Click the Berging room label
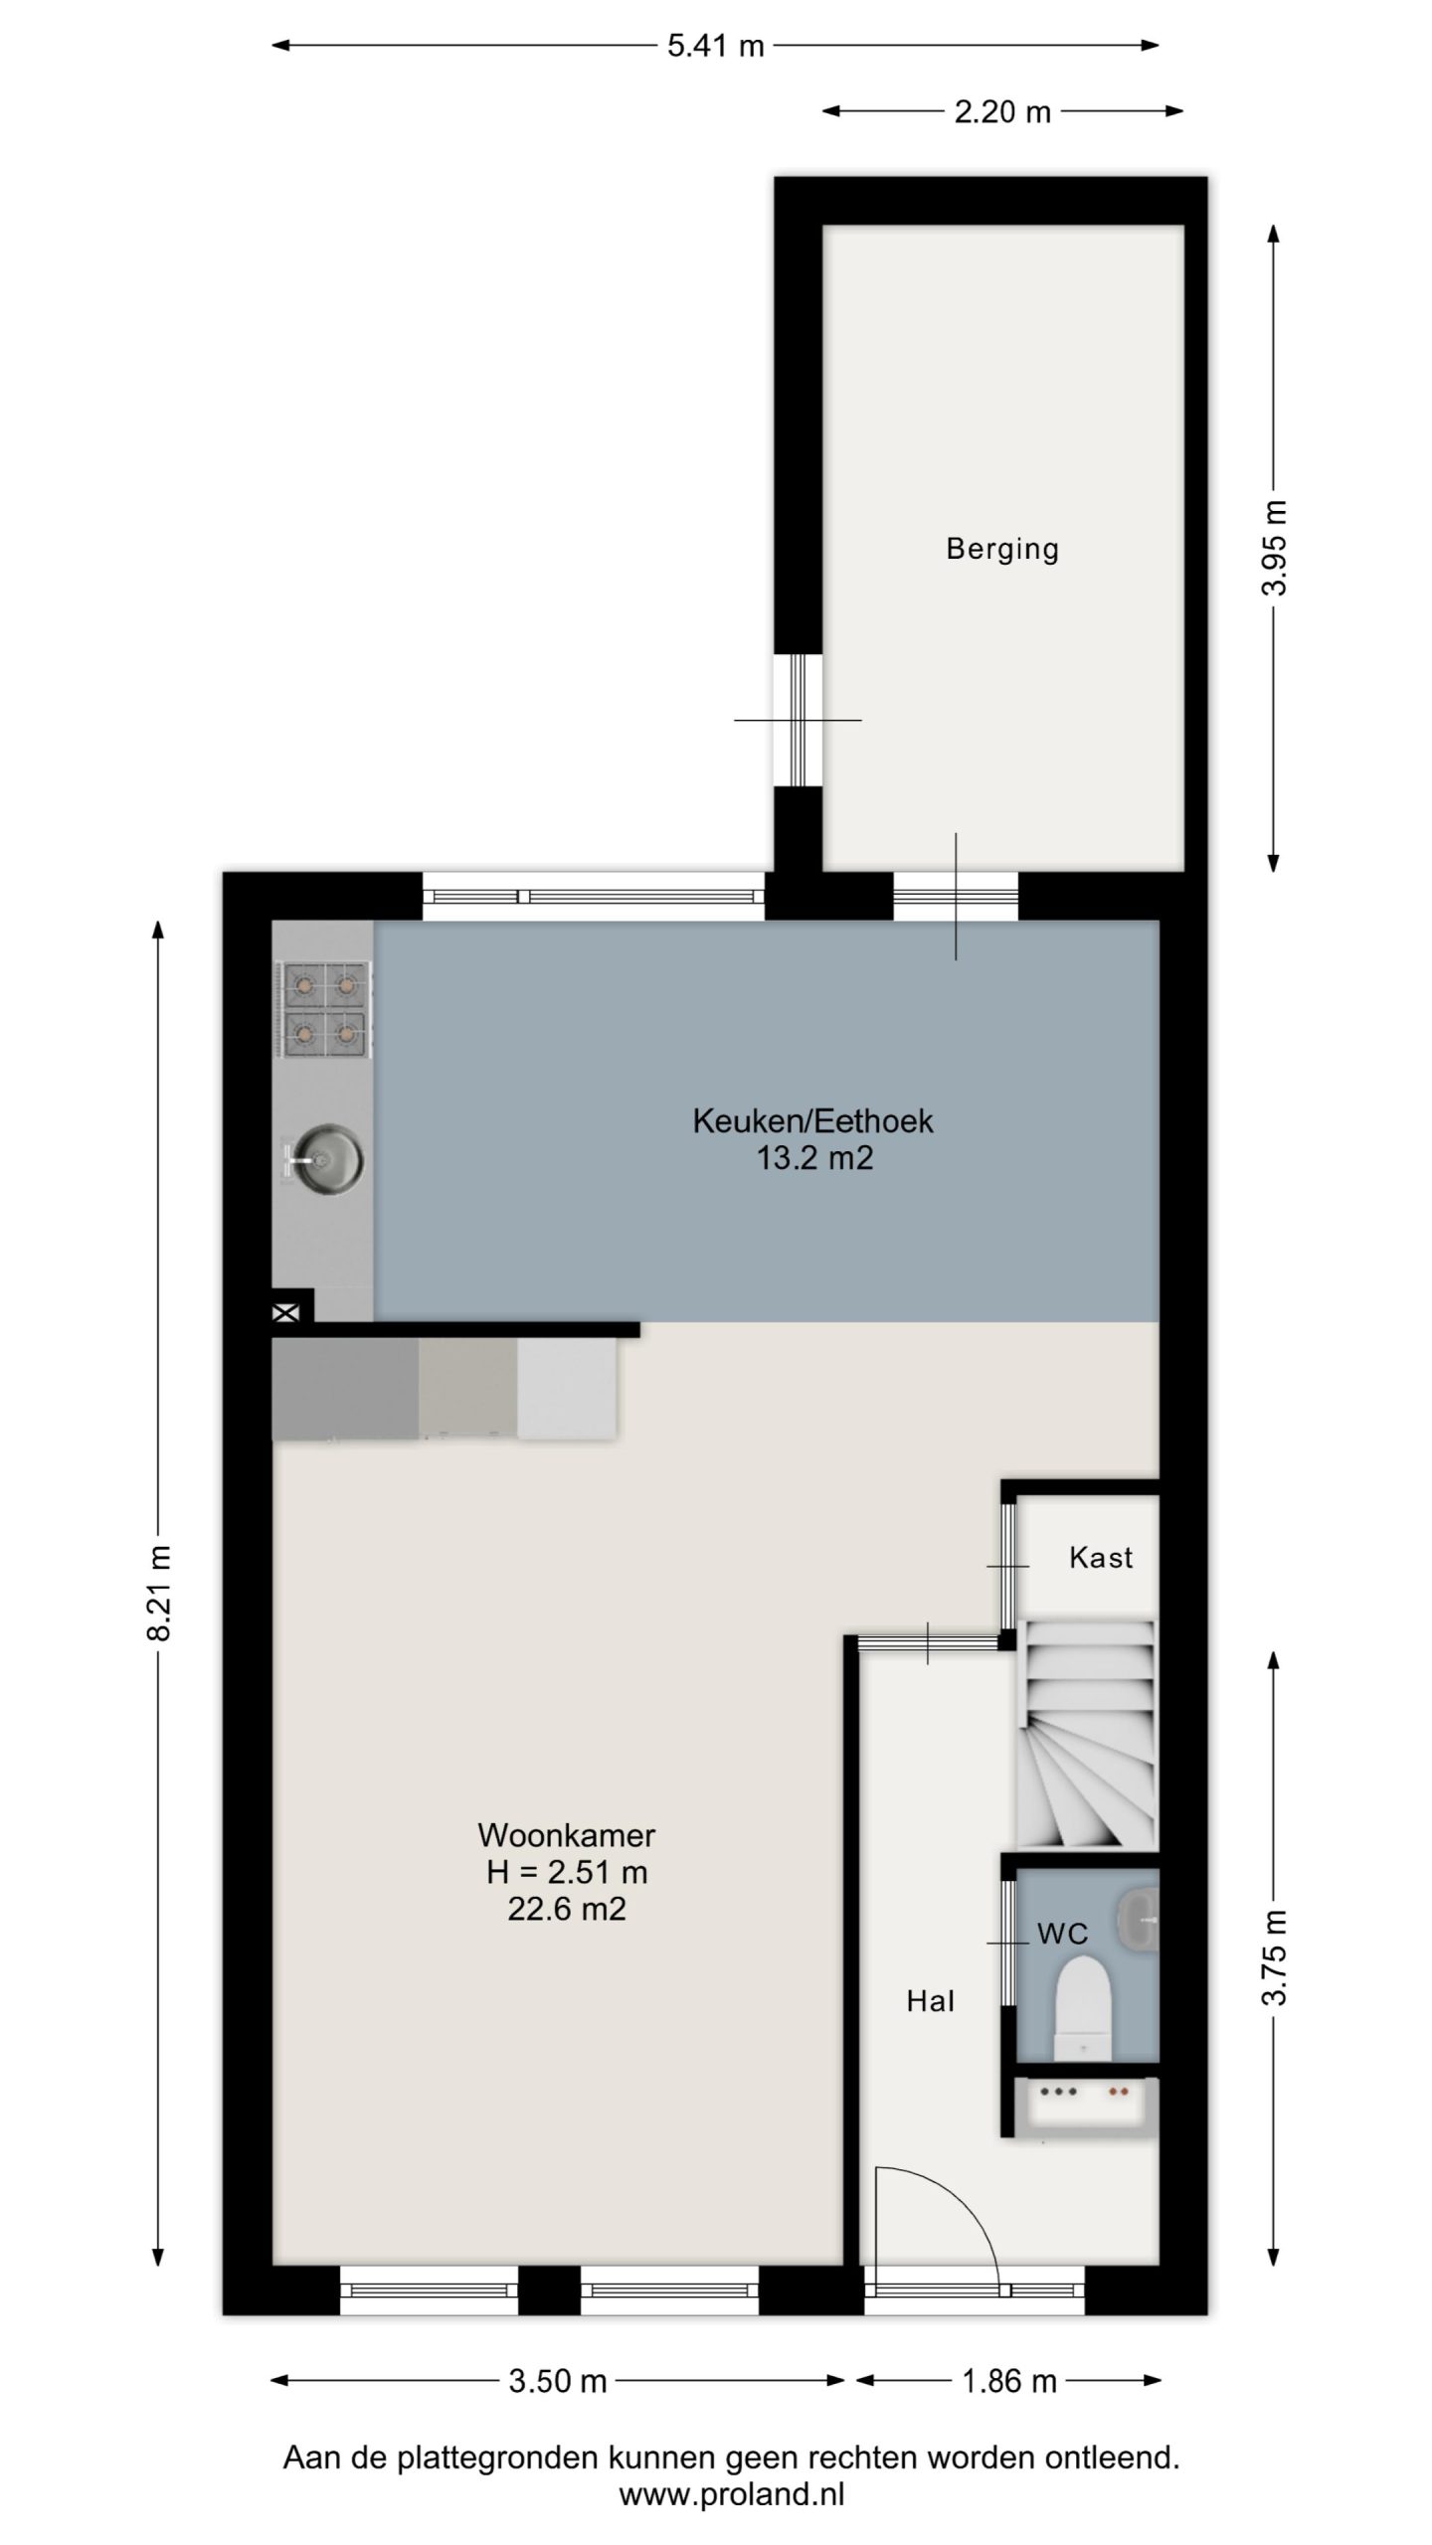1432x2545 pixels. point(1001,549)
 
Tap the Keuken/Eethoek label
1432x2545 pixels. point(812,1121)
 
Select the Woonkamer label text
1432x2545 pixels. point(567,1835)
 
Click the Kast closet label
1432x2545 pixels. point(1101,1557)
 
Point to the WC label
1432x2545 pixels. point(1062,1953)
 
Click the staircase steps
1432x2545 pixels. point(1087,1735)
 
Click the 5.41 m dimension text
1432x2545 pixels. point(715,46)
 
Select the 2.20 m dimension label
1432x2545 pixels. point(1002,112)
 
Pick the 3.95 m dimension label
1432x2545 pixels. point(1274,548)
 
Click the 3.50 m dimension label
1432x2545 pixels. point(557,2381)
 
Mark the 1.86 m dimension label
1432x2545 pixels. point(1008,2381)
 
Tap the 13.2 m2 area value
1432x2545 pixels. point(814,1159)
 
